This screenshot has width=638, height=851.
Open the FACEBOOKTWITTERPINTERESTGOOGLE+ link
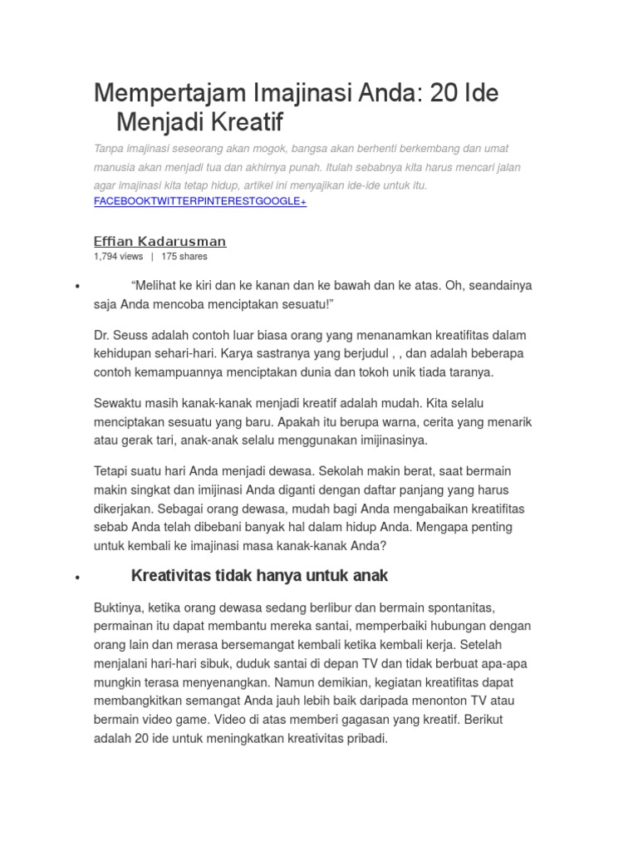click(200, 202)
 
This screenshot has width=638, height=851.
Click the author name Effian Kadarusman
click(160, 241)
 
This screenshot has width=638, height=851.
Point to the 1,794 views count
click(119, 257)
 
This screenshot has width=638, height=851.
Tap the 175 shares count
click(184, 257)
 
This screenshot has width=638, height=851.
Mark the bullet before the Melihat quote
click(76, 287)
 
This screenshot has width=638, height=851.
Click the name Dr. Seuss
click(115, 335)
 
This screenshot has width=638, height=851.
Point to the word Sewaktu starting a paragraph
click(120, 403)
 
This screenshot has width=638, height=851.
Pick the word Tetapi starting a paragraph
click(114, 471)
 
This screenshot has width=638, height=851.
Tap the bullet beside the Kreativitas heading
click(76, 578)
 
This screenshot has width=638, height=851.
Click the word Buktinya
click(120, 608)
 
